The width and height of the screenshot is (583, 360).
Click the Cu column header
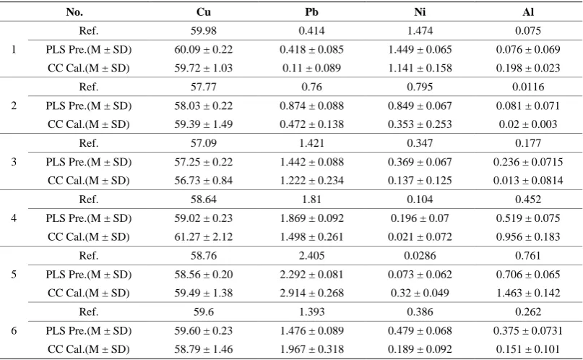[x=204, y=12]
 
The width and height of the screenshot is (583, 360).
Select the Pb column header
[x=311, y=12]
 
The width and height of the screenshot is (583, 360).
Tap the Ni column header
[x=420, y=12]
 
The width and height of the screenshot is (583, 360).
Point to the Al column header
[x=528, y=12]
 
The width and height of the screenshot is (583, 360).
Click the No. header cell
[x=74, y=12]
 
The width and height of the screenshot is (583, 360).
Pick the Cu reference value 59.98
[x=204, y=30]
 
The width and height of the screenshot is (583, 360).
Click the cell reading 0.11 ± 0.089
[x=311, y=68]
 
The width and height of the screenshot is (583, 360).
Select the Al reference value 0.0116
[x=528, y=87]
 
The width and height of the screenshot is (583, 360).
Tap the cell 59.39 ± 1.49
[x=204, y=124]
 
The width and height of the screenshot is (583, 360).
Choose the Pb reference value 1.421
[x=311, y=143]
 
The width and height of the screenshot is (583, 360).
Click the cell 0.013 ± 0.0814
[x=528, y=181]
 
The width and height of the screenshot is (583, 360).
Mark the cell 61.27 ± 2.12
[x=204, y=236]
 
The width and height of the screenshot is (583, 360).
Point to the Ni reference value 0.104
[x=420, y=200]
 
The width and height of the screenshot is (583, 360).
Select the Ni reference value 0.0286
[x=420, y=255]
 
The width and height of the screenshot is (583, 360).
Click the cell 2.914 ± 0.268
[x=311, y=293]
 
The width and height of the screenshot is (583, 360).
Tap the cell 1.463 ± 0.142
[x=528, y=293]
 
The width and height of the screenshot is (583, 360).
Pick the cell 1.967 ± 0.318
[x=311, y=349]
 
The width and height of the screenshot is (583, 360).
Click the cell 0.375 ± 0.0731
[x=528, y=330]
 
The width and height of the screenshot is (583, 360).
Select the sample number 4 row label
[x=14, y=218]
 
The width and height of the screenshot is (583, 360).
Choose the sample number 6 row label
[x=14, y=330]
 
